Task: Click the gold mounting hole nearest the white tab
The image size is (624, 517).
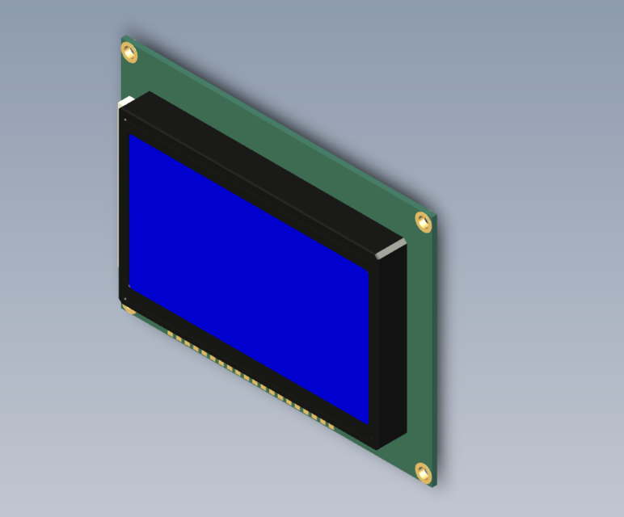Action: (129, 53)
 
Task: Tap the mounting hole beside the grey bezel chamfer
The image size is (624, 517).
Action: (423, 221)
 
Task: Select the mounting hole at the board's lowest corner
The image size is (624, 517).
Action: (423, 472)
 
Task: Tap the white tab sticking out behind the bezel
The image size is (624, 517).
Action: (125, 101)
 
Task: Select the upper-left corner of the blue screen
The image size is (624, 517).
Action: (130, 136)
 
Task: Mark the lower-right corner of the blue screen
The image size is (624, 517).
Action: (368, 424)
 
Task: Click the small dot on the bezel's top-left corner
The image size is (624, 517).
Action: (124, 120)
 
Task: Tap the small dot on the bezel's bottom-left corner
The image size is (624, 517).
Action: (124, 298)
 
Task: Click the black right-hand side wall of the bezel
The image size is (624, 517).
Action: (391, 347)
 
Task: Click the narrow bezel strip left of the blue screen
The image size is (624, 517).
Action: (124, 210)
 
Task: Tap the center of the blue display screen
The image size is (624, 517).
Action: (249, 279)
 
